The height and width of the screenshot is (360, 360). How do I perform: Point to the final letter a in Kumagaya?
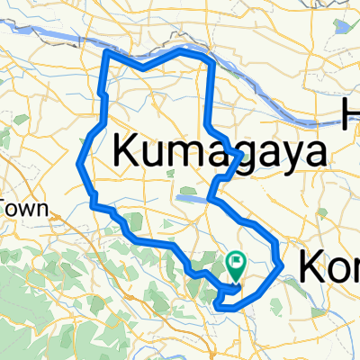(310, 155)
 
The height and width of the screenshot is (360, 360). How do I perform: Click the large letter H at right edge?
(351, 112)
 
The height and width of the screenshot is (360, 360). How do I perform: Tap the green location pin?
(237, 264)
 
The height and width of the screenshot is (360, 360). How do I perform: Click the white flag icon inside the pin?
(237, 262)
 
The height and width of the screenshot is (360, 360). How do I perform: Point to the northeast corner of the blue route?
(211, 61)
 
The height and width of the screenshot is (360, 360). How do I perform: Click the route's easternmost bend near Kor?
(282, 265)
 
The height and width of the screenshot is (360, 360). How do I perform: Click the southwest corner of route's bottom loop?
(219, 306)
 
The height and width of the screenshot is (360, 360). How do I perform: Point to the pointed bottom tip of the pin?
(237, 276)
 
